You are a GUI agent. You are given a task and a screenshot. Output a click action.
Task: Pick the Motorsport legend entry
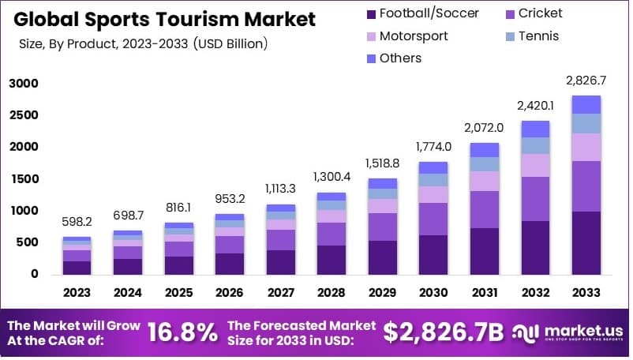417,36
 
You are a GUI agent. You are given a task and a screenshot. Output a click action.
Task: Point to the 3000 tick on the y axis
24,84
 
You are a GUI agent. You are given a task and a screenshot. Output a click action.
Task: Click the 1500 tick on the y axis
24,179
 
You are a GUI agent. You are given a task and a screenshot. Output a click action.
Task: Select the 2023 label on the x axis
77,293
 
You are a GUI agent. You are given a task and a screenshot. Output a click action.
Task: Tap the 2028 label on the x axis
331,293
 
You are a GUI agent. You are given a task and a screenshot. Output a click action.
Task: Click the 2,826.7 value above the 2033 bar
586,81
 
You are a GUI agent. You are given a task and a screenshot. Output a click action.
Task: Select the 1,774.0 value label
433,147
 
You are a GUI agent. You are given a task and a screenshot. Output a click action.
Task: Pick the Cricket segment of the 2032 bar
535,198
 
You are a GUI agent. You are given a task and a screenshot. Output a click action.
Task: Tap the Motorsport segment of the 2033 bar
586,147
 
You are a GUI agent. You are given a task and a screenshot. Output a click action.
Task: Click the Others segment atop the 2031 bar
485,149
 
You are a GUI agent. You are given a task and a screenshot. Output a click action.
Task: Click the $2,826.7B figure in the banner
443,332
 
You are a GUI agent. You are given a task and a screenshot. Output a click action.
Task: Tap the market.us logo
568,332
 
